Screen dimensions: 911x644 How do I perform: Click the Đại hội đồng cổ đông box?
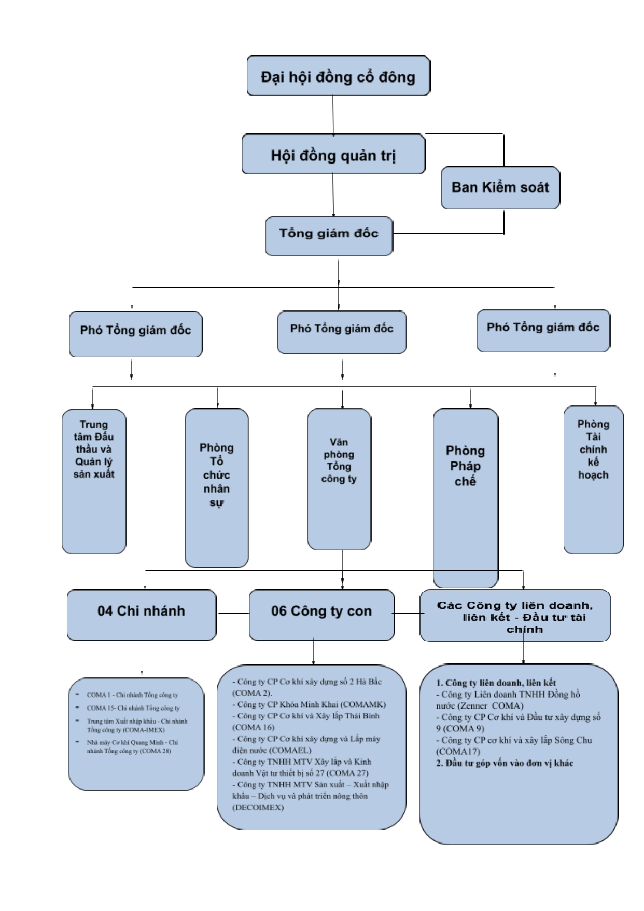(338, 76)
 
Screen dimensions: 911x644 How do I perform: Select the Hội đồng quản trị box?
(333, 154)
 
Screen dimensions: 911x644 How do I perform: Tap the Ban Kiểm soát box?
(500, 187)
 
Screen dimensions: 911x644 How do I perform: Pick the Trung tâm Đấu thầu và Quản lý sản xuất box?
(94, 481)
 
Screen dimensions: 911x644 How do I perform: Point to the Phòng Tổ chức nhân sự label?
(217, 475)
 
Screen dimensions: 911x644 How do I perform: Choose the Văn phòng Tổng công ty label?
(339, 460)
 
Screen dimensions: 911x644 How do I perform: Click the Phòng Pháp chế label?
(465, 466)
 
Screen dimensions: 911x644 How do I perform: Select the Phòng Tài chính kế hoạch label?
(593, 450)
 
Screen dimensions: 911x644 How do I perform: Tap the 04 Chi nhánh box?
(141, 614)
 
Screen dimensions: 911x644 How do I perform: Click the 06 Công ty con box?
(321, 614)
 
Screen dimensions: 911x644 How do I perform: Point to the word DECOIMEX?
(258, 807)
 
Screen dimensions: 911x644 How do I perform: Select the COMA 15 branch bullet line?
(133, 708)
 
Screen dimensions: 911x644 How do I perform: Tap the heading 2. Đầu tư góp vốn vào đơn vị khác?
(505, 763)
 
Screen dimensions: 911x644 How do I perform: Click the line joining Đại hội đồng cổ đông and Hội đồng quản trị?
(333, 115)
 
